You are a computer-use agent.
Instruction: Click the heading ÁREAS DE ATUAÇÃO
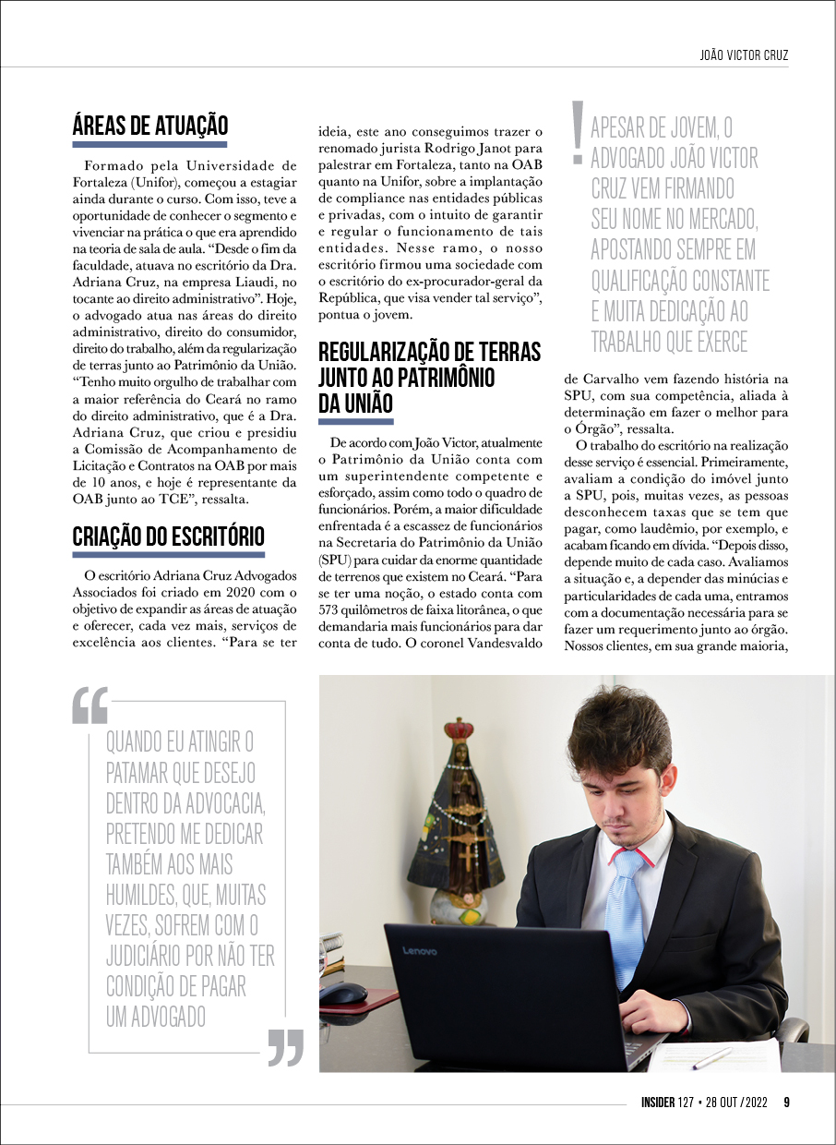coord(149,126)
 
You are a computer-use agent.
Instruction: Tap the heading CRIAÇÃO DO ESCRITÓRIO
coord(168,536)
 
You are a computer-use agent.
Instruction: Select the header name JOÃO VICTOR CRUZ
coord(745,55)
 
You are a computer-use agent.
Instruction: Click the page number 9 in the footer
coord(786,1103)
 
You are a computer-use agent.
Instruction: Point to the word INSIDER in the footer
coord(661,1103)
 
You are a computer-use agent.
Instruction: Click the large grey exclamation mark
coord(578,132)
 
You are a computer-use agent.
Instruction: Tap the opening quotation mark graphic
coord(90,705)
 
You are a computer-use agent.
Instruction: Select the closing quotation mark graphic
coord(285,1047)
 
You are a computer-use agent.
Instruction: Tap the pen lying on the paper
coord(711,1058)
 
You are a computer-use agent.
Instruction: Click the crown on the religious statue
coord(458,730)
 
